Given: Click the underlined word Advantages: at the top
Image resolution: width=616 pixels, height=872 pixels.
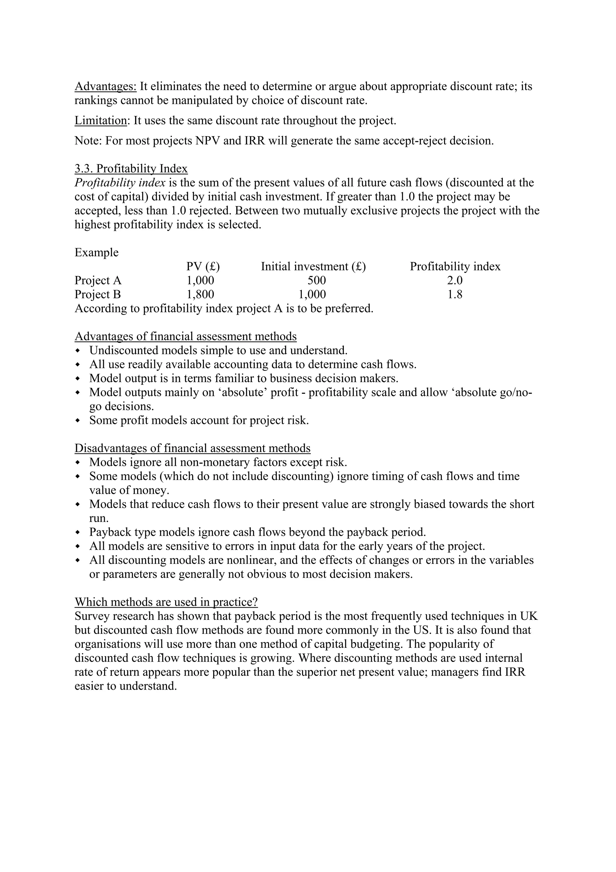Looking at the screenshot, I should click(x=105, y=87).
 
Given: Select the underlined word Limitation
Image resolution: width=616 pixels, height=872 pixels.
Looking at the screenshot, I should click(x=100, y=121).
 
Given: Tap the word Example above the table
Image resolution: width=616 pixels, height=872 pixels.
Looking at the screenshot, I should click(x=97, y=252).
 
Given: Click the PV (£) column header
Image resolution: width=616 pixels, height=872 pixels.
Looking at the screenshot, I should click(x=203, y=267).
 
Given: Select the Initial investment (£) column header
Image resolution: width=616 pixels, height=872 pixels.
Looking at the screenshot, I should click(x=313, y=267).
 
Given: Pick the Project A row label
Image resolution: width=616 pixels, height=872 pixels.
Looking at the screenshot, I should click(x=98, y=281).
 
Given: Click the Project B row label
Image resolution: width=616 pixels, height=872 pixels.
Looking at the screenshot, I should click(x=97, y=295).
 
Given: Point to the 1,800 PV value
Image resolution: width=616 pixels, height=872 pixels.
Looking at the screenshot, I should click(x=200, y=295).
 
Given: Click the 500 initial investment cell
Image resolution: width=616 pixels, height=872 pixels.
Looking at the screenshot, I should click(x=316, y=281).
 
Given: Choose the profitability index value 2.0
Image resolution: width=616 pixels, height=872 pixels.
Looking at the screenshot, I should click(x=455, y=281).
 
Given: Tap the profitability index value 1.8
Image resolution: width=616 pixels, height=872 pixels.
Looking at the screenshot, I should click(x=455, y=295).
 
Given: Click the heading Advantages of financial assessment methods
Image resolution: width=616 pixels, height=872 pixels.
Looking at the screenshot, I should click(x=186, y=336).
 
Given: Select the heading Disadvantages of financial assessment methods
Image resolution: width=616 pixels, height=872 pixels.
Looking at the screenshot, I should click(x=192, y=449).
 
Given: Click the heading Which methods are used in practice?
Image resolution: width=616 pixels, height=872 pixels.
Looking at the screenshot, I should click(x=166, y=602).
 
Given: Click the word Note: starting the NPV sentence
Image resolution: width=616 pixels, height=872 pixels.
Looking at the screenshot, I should click(x=88, y=141).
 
